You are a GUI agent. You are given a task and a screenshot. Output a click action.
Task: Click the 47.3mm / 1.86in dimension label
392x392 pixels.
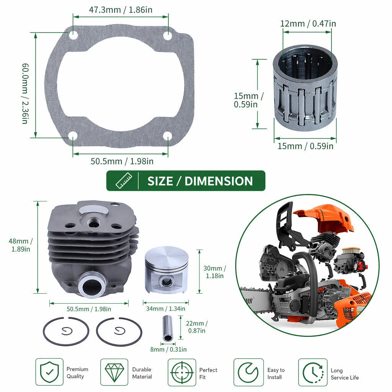[x=121, y=10]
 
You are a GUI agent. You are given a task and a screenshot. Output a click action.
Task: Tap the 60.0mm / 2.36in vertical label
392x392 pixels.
[x=25, y=93]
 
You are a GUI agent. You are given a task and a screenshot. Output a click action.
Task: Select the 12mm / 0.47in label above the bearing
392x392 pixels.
[x=308, y=23]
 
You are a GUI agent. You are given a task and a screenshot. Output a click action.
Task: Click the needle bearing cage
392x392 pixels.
[x=305, y=88]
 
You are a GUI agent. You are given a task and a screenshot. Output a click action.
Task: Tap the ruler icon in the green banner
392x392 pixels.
[x=124, y=181]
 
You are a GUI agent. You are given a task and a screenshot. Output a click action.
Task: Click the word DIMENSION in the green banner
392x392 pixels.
[x=219, y=181]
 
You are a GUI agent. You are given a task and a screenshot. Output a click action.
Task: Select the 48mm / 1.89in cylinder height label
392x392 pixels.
[x=21, y=245]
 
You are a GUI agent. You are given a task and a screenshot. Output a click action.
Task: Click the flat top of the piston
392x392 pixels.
[x=167, y=258]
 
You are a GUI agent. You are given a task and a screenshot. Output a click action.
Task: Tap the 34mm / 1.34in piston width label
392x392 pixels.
[x=165, y=309]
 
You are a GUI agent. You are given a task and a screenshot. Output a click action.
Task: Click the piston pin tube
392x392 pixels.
[x=167, y=328]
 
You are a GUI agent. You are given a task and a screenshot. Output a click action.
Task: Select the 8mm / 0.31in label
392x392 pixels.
[x=168, y=349]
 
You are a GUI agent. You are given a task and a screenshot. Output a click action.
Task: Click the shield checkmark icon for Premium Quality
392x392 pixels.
[x=49, y=372]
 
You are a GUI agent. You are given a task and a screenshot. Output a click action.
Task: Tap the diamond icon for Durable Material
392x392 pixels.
[x=114, y=372]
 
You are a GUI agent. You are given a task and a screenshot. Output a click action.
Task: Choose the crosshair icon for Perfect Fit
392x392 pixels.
[x=182, y=372]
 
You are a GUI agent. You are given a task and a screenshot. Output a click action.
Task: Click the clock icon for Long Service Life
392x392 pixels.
[x=313, y=372]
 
